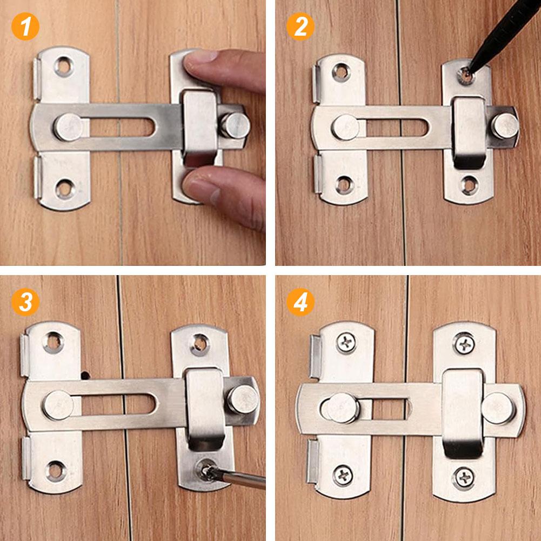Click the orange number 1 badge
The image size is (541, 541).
click(25, 26)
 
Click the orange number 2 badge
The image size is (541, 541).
click(300, 26)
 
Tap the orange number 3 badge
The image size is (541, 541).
click(25, 302)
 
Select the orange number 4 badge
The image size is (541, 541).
click(300, 302)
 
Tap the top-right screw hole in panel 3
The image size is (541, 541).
click(200, 342)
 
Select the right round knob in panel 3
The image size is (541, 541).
click(241, 399)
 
